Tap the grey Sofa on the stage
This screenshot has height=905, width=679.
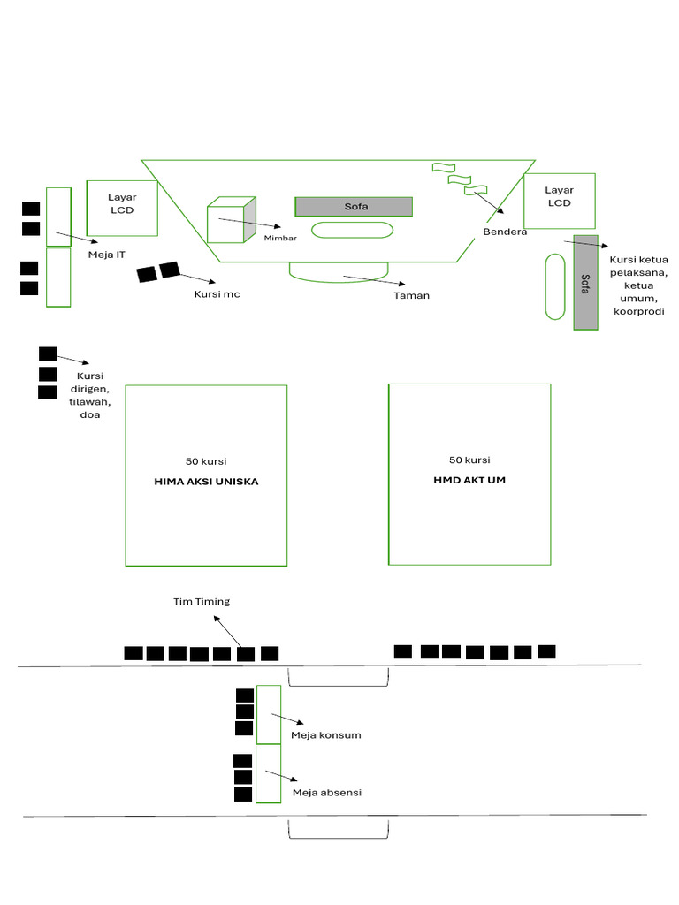(x=354, y=206)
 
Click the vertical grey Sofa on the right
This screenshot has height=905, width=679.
(x=585, y=282)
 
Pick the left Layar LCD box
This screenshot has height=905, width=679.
(x=122, y=208)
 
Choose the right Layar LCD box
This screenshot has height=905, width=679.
(x=559, y=201)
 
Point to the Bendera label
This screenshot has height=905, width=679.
(x=505, y=232)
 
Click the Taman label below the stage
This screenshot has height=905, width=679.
(x=411, y=295)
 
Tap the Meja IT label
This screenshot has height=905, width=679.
(x=107, y=255)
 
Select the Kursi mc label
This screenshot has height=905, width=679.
(x=217, y=294)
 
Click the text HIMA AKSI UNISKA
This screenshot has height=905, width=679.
(x=206, y=482)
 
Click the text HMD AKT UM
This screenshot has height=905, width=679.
(x=469, y=480)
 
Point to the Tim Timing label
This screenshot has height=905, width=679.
(x=201, y=602)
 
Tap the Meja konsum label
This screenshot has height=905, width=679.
(x=325, y=734)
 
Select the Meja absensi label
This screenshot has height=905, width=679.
(x=327, y=793)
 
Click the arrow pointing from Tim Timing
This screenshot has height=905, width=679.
(x=228, y=633)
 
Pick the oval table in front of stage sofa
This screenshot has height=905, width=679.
(x=353, y=230)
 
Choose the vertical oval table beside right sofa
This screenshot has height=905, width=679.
(x=554, y=286)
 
